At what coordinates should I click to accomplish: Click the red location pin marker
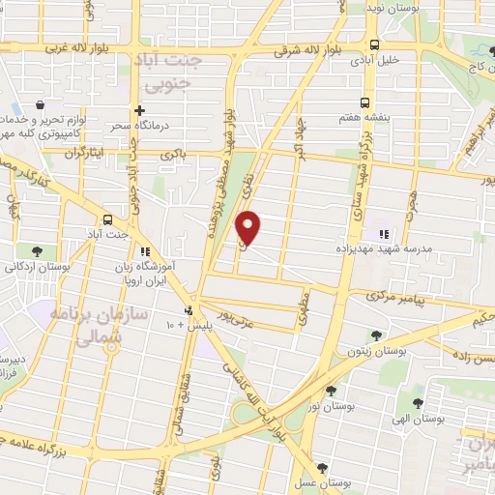point(248,227)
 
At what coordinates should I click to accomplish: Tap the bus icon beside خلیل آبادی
point(375,44)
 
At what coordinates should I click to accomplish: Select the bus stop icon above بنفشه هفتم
point(364,102)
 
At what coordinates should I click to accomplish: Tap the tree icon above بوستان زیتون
point(376,335)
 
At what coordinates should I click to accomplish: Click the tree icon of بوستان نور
point(332,390)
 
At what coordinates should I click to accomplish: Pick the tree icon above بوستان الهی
point(418,403)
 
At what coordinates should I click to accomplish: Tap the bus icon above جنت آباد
point(107,218)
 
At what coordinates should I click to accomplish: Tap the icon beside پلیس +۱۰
point(188,311)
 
